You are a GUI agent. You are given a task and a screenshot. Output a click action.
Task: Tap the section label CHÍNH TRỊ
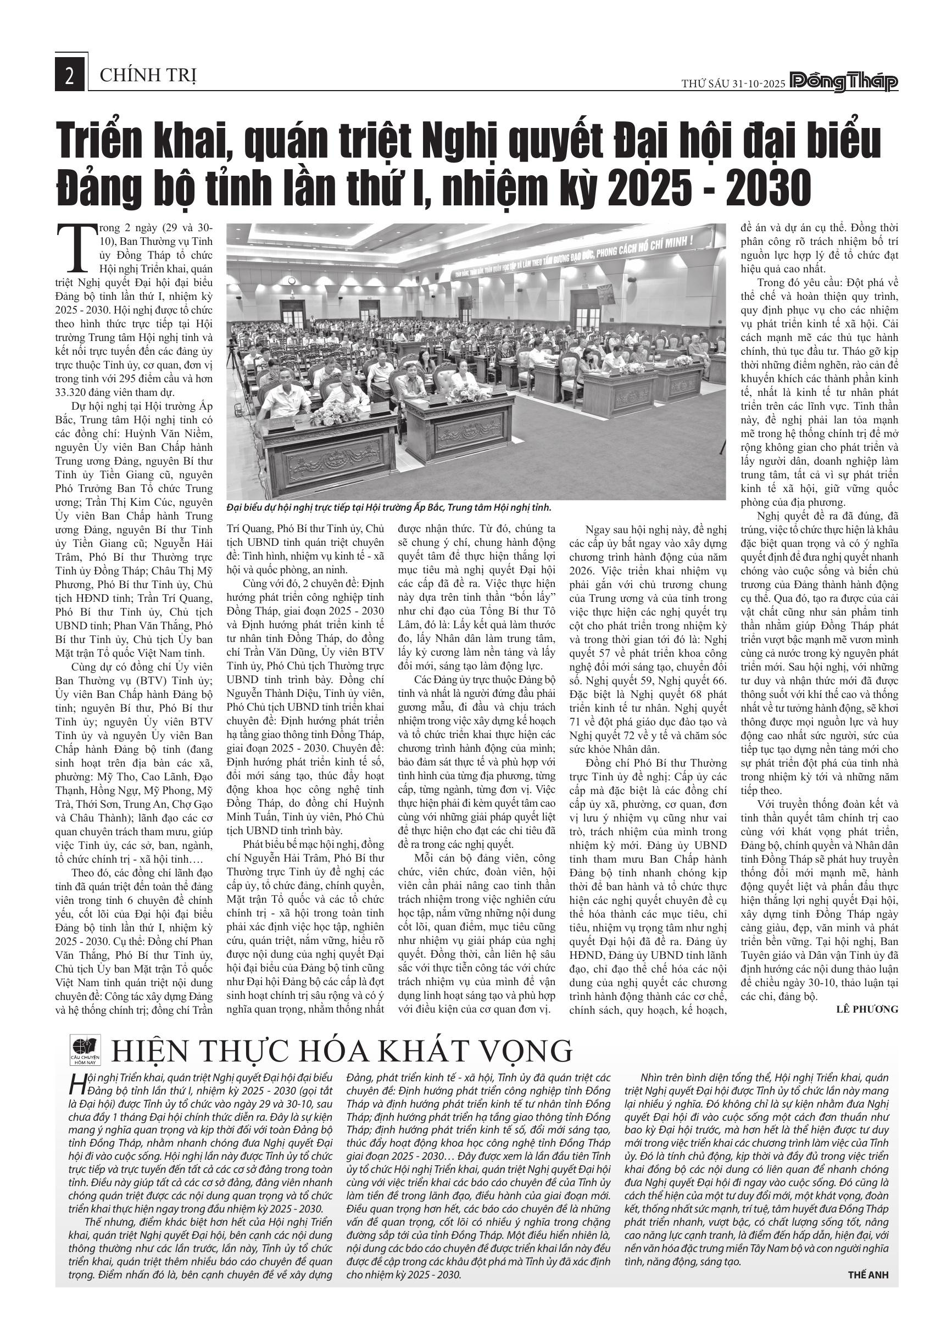[148, 75]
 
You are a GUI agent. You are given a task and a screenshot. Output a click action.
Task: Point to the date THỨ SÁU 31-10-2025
[732, 84]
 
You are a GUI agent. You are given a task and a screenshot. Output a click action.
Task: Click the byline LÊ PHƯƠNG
[867, 1009]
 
